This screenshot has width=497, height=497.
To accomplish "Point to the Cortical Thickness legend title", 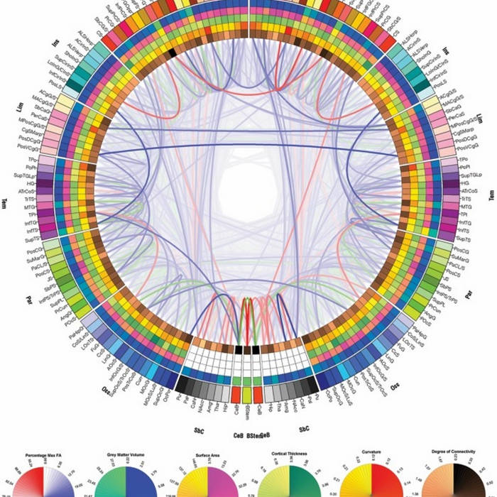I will (289, 452).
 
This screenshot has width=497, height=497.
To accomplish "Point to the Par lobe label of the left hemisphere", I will (28, 293).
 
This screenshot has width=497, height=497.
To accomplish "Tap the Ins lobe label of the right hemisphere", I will (447, 51).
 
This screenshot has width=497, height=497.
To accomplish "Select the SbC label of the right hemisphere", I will (305, 430).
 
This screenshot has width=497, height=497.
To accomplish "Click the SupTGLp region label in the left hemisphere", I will (30, 175).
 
